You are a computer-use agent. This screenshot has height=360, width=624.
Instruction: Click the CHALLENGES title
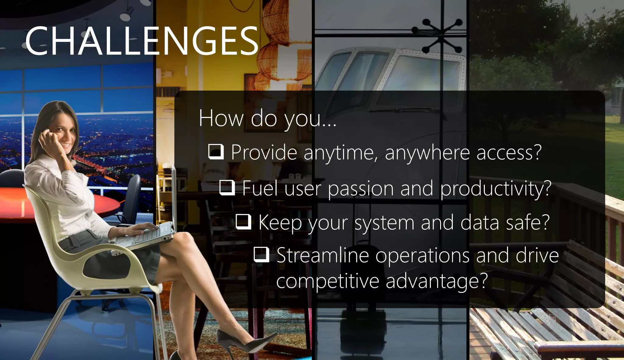click(x=142, y=41)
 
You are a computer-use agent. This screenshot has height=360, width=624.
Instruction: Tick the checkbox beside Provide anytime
click(x=216, y=152)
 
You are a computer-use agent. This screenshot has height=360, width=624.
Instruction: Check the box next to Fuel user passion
click(x=227, y=187)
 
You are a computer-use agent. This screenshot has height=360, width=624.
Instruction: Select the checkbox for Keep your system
click(x=243, y=221)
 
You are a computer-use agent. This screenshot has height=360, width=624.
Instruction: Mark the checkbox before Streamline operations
click(x=261, y=254)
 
